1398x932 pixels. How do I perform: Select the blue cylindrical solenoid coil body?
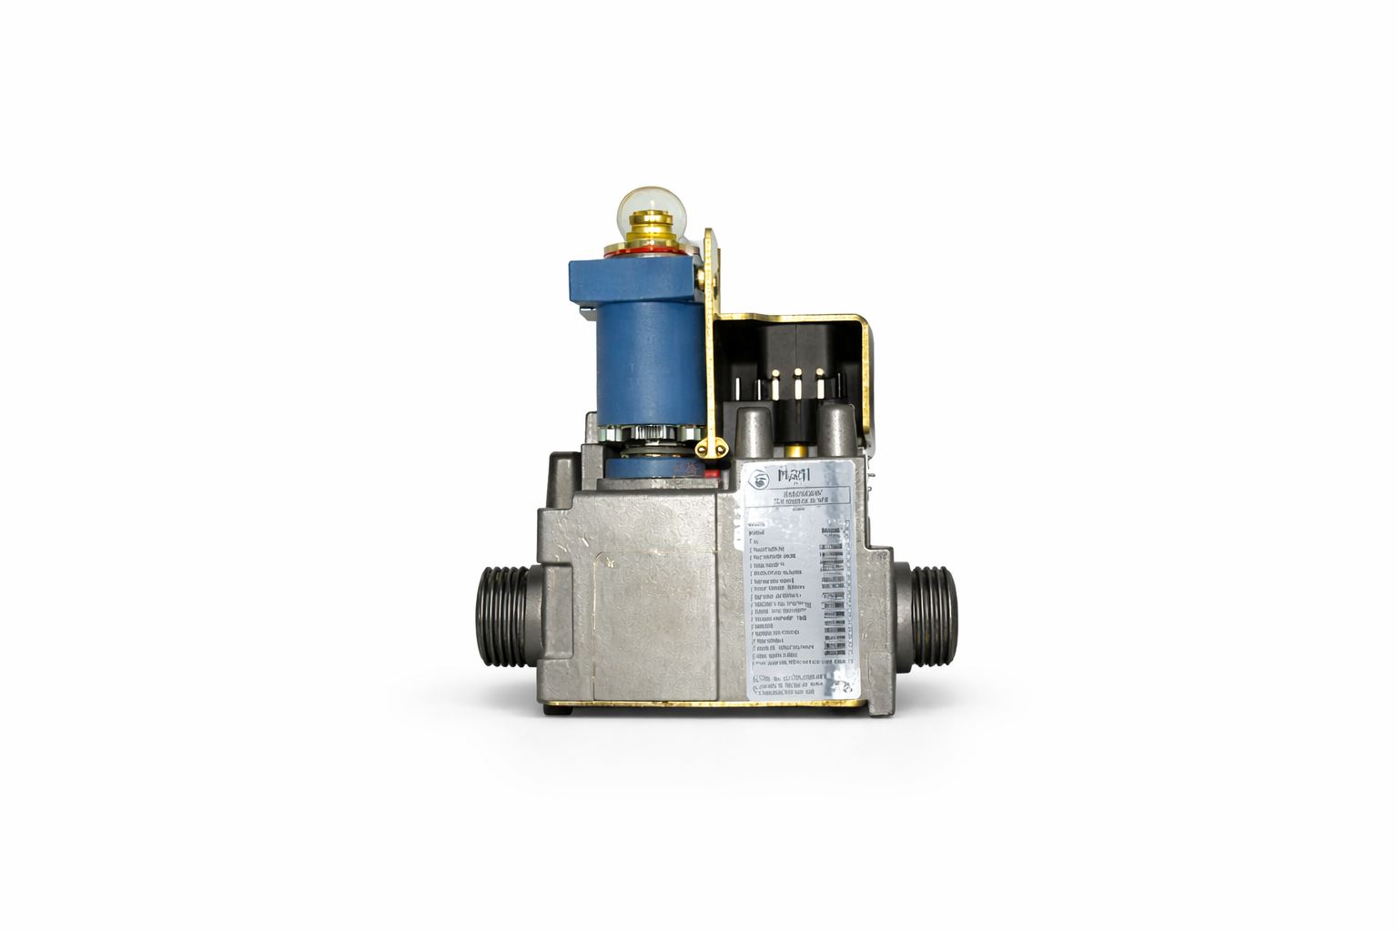pyautogui.click(x=647, y=364)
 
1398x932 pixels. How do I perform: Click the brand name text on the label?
pyautogui.click(x=800, y=476)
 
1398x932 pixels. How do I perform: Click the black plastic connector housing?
pyautogui.click(x=792, y=350)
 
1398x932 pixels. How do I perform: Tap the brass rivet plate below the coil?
pyautogui.click(x=713, y=447)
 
